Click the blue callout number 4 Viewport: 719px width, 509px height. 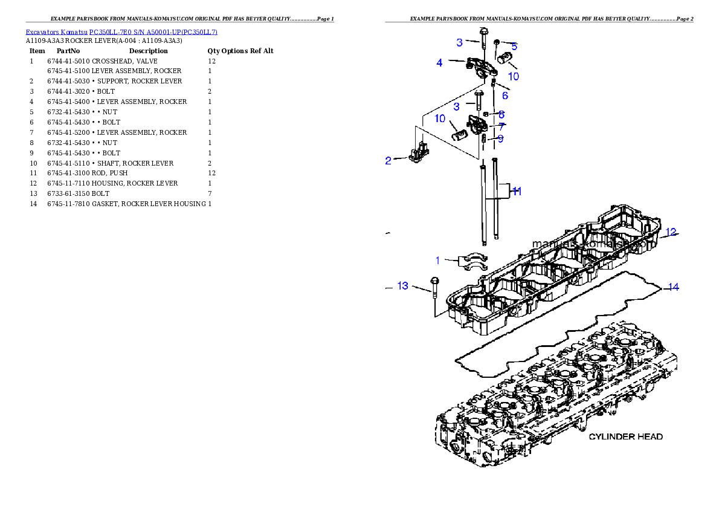coord(439,62)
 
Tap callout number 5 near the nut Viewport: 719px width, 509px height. coord(514,46)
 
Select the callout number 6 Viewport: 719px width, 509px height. coord(505,96)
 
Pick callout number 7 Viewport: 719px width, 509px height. coord(501,127)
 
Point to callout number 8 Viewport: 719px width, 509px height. coord(501,114)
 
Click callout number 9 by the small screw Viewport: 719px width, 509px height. coord(500,139)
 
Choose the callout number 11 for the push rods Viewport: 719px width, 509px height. coord(517,191)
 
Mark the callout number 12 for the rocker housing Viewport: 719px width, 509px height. coord(671,232)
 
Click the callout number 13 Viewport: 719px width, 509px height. coord(403,285)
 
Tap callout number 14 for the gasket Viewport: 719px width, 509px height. coord(672,287)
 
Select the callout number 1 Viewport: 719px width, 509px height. coord(438,261)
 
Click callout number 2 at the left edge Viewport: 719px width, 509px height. coord(389,160)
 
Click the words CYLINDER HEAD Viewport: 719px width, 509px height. coord(625,436)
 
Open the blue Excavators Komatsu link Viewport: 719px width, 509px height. coord(121,31)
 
